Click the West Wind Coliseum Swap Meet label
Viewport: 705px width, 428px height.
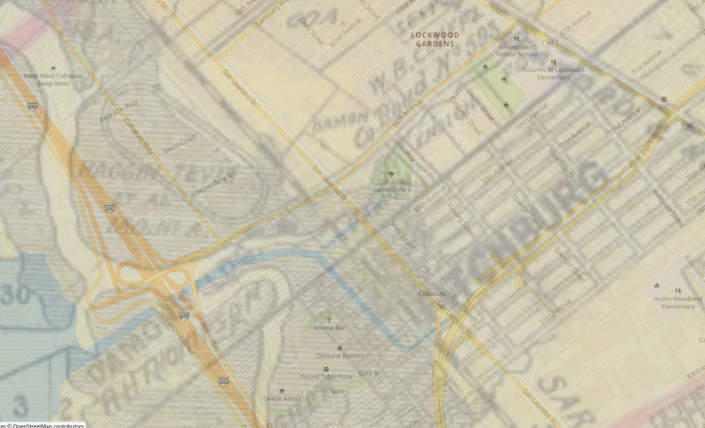pos(53,79)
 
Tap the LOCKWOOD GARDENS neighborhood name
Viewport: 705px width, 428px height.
pos(435,39)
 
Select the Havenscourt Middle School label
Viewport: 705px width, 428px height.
pos(516,49)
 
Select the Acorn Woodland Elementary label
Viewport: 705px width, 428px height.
pos(679,302)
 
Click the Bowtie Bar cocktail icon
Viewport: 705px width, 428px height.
pos(330,320)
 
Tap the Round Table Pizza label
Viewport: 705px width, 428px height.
pos(326,377)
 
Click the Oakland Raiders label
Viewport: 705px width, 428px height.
pos(329,355)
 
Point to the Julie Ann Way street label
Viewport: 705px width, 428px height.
pos(118,109)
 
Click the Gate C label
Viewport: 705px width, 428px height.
pos(340,390)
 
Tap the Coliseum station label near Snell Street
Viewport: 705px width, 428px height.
pos(431,293)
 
